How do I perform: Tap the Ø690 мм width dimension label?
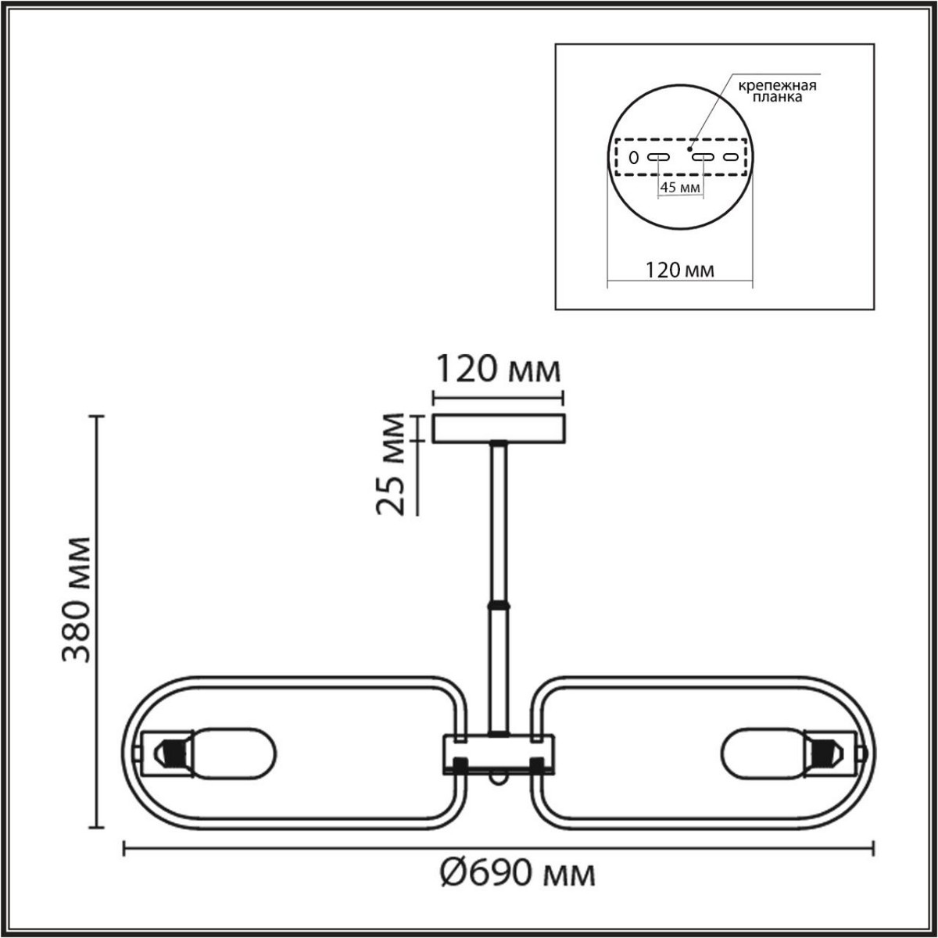[x=516, y=873]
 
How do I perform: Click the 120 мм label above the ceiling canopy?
[x=497, y=369]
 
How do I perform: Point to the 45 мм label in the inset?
[x=679, y=188]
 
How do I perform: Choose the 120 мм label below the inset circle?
[x=679, y=270]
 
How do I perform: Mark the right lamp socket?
[x=830, y=754]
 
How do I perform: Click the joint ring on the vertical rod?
[x=497, y=604]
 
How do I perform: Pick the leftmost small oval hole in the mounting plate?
[x=634, y=158]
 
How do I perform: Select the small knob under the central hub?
[x=497, y=779]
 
